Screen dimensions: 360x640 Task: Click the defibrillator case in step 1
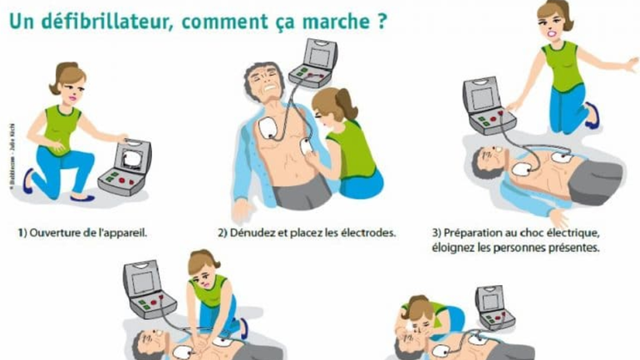click(124, 165)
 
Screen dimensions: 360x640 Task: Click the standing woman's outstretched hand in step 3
click(629, 64)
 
